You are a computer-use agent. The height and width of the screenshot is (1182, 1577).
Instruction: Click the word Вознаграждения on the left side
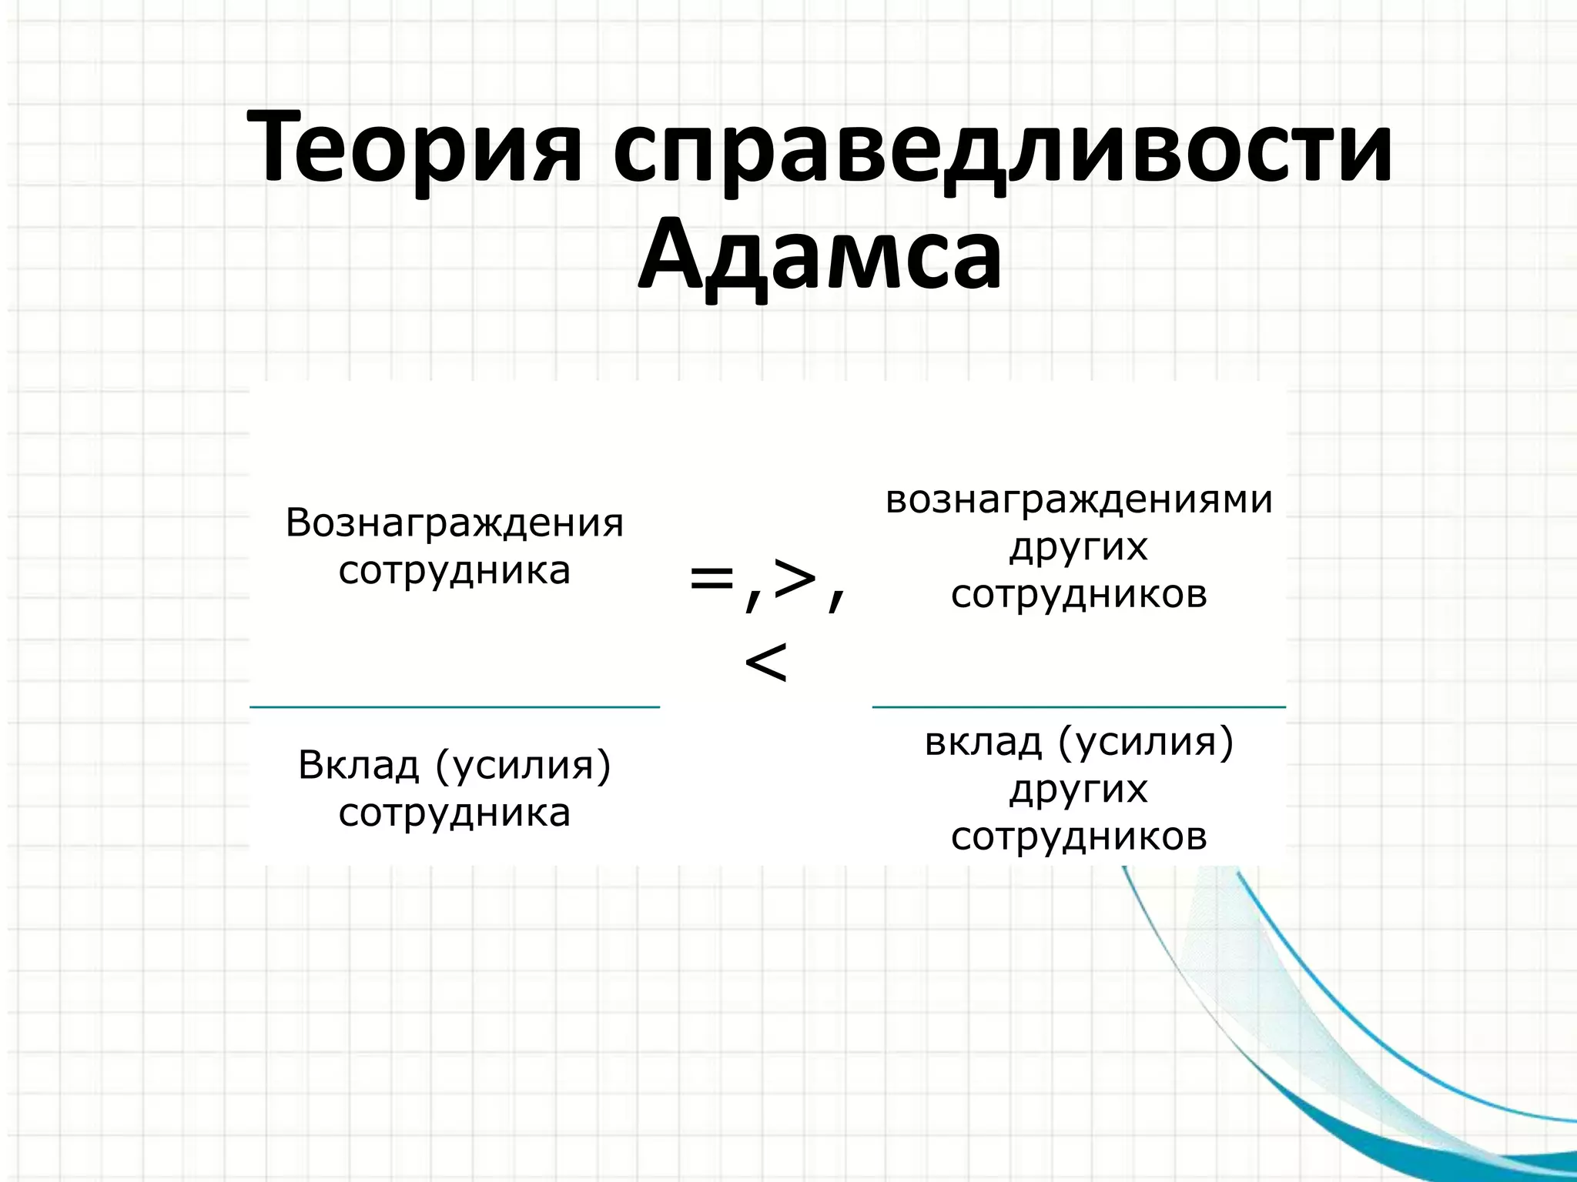[x=454, y=523]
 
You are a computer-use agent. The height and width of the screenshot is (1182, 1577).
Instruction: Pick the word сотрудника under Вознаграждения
[x=454, y=570]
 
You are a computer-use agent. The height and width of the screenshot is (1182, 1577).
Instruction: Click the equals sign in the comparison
[x=711, y=579]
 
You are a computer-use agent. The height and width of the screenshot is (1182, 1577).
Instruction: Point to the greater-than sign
[x=795, y=579]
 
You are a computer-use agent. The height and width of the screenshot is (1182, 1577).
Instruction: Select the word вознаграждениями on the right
[x=1079, y=499]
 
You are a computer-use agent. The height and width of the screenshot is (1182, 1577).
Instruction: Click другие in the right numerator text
[x=1078, y=548]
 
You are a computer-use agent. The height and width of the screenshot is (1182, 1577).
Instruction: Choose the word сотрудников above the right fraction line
[x=1079, y=594]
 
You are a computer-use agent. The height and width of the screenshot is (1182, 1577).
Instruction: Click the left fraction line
[x=454, y=706]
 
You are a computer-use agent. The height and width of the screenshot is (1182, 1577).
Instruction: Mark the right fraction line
[x=1079, y=706]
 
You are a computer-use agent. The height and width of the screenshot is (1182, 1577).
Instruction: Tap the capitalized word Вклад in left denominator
[x=359, y=765]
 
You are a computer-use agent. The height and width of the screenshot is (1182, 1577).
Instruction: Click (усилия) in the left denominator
[x=524, y=766]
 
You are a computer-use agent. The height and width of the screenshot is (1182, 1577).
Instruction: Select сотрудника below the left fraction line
[x=454, y=813]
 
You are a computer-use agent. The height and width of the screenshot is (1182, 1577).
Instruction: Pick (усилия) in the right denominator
[x=1147, y=743]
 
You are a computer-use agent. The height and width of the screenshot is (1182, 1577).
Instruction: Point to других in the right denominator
[x=1078, y=790]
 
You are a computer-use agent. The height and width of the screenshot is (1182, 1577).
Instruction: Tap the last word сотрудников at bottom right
[x=1079, y=836]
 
